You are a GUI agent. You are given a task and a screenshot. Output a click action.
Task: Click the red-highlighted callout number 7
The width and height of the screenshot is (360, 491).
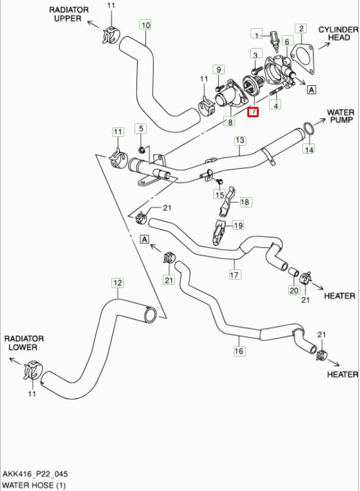(253, 112)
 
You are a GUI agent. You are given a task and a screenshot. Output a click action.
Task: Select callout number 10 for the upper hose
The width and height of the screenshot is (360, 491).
(145, 24)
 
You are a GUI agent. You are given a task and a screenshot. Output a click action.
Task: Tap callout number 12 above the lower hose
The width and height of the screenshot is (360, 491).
(117, 283)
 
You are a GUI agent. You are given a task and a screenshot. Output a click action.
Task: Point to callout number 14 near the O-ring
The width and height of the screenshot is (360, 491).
(309, 149)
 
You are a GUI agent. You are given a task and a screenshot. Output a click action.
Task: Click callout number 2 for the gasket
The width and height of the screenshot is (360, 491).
(301, 29)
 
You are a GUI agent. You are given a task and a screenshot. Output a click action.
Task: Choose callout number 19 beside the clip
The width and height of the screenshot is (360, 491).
(238, 225)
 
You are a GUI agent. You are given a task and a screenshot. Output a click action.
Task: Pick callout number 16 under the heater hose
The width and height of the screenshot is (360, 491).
(239, 350)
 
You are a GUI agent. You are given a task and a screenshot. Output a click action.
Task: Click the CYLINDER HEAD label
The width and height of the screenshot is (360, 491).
(338, 33)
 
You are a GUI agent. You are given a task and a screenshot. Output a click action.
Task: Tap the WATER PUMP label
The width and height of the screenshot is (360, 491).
(341, 116)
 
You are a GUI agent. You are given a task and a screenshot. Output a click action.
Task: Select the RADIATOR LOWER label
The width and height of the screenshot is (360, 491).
(24, 343)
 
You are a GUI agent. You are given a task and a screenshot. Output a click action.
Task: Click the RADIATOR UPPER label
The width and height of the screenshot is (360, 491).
(69, 14)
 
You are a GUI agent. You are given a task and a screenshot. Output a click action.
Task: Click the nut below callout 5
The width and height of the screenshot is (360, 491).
(142, 150)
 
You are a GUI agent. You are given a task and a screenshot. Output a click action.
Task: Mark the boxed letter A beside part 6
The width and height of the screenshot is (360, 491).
(311, 90)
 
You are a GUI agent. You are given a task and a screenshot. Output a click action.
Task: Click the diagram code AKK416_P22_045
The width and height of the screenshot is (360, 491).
(35, 474)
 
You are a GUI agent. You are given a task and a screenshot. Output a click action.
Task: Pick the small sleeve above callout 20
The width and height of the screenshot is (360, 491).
(293, 272)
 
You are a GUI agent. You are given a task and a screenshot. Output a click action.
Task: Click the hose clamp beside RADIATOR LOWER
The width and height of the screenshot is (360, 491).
(32, 371)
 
